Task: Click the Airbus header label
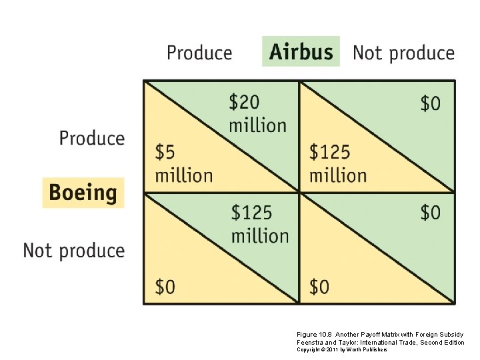tap(301, 52)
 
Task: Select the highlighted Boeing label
tap(83, 193)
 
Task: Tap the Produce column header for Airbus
tap(199, 53)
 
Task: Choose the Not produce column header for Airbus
tap(403, 53)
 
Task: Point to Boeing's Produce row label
tap(92, 138)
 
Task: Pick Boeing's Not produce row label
tap(74, 251)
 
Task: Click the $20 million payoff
tap(257, 113)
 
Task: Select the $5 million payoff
tap(183, 163)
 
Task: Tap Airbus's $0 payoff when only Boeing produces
tap(430, 103)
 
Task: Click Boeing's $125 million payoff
tap(337, 163)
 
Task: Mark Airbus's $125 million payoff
tap(259, 224)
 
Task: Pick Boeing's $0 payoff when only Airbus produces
tap(165, 287)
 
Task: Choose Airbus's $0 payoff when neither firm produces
tap(430, 213)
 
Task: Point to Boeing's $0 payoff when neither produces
tap(319, 287)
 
